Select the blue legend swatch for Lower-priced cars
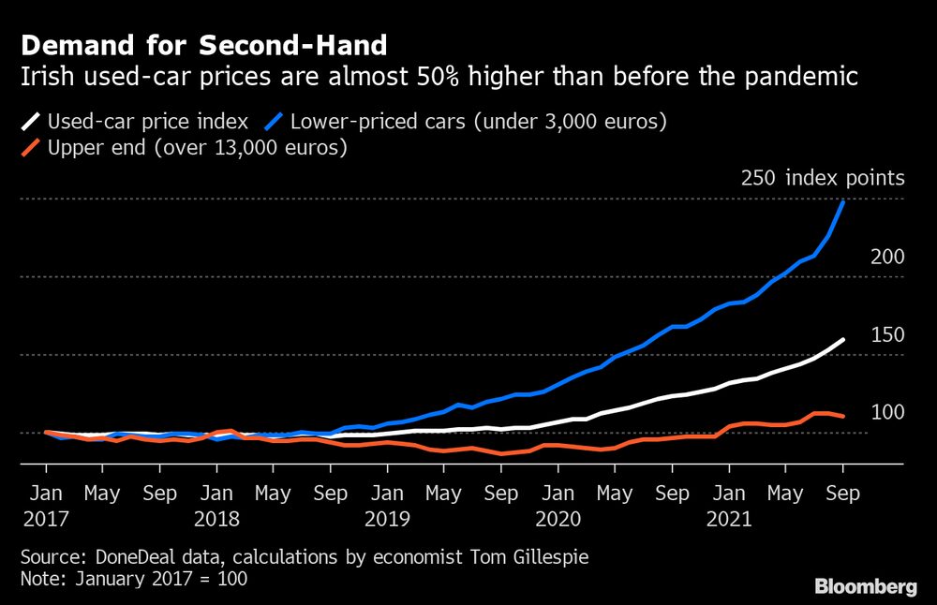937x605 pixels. click(275, 121)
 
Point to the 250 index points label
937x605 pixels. click(822, 178)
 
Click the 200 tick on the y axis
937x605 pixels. click(886, 257)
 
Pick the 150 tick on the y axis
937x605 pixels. click(886, 334)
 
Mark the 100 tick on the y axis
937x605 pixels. click(886, 412)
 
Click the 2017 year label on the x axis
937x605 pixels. click(45, 519)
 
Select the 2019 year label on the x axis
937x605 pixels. click(387, 519)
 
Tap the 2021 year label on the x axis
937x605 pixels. click(729, 519)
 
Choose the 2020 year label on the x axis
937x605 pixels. click(558, 519)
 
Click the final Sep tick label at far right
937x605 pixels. click(842, 493)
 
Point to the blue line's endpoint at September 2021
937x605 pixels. click(843, 202)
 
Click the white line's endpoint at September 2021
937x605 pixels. click(843, 339)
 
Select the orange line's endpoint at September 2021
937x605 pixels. click(843, 416)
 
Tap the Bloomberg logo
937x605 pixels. click(866, 587)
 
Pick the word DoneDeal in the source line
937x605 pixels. click(126, 556)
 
